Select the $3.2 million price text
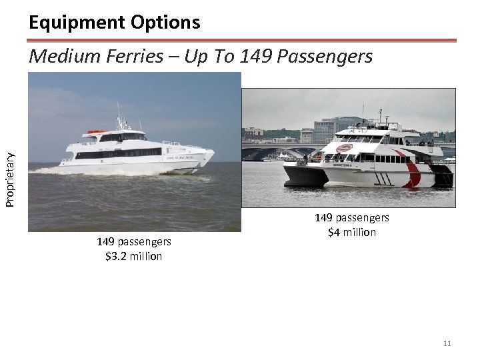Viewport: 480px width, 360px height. (x=134, y=256)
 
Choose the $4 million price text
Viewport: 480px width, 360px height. (x=352, y=232)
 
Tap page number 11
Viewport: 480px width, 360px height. (x=447, y=343)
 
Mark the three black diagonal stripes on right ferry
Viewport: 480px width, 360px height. (x=385, y=178)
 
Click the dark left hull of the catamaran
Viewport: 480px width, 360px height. (x=303, y=175)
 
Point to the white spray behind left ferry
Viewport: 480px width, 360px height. (x=53, y=171)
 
